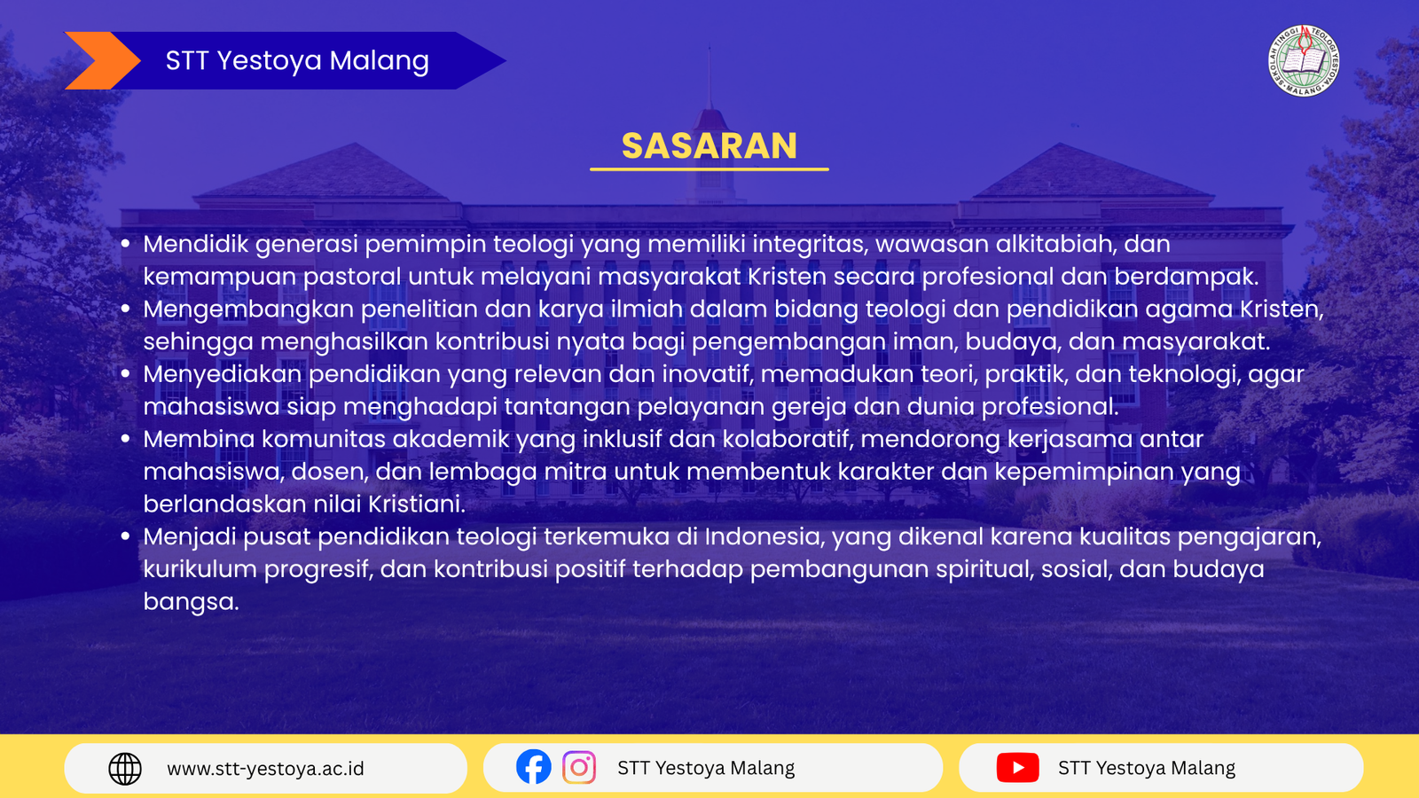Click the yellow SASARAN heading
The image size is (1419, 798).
pos(709,145)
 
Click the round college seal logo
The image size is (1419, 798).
pos(1304,61)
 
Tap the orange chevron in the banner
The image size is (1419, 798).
pos(103,61)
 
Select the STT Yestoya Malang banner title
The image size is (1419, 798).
pos(297,61)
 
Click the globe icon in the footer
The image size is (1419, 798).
pos(125,769)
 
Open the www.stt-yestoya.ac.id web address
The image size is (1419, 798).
pos(265,769)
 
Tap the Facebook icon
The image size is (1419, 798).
pos(533,767)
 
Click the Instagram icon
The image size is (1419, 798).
pos(579,767)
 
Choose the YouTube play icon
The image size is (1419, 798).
pos(1017,768)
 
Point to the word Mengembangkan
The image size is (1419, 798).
pos(248,309)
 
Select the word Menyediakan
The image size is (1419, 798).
pos(223,374)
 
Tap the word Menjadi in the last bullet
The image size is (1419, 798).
pos(190,537)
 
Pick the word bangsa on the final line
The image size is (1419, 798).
pos(191,602)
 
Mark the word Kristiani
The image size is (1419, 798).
pos(417,505)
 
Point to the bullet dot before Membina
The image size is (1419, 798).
pos(125,438)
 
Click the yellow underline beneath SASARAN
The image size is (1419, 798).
pos(709,169)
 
